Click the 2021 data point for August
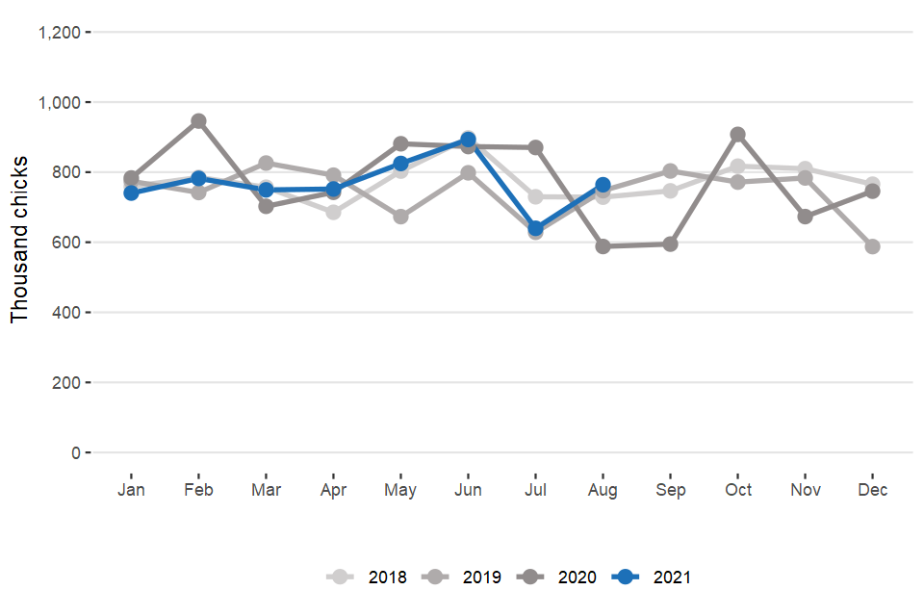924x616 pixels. tap(603, 184)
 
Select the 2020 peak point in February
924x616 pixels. tap(198, 121)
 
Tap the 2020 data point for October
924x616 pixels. tap(737, 135)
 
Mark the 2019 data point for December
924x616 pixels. tap(872, 246)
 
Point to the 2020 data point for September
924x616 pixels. tap(670, 244)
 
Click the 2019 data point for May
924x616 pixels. tap(400, 217)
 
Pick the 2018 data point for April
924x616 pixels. tap(333, 212)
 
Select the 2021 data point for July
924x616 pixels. tap(535, 229)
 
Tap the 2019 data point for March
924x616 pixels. tap(266, 163)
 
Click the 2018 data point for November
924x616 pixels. tap(805, 169)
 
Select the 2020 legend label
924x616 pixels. tap(577, 577)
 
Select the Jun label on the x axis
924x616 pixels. tap(468, 490)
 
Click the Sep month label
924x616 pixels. tap(670, 490)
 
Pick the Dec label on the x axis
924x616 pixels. tap(872, 490)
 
